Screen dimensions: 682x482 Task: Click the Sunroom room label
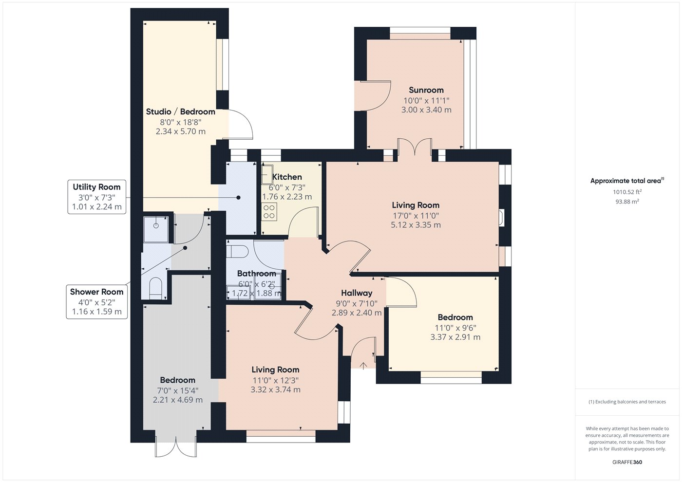(426, 90)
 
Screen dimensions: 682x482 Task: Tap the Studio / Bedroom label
(181, 111)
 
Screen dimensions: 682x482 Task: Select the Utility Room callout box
(97, 197)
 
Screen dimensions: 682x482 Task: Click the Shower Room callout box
(97, 302)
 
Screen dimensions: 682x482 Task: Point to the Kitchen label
(287, 177)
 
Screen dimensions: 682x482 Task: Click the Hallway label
(357, 293)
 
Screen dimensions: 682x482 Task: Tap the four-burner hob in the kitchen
(269, 212)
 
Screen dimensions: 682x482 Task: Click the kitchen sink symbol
(267, 174)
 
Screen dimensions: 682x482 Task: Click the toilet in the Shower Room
(155, 288)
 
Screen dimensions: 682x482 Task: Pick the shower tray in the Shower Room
(156, 229)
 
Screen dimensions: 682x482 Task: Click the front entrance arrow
(363, 366)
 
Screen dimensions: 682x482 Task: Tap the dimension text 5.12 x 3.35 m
(416, 225)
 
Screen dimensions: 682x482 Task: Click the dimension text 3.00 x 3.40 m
(426, 110)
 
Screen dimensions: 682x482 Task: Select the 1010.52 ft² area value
(627, 192)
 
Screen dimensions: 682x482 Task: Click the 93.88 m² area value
(627, 202)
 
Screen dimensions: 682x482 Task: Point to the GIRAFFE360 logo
(627, 462)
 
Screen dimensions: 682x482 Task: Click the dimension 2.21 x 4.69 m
(177, 400)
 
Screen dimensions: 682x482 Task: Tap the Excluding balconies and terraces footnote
(627, 402)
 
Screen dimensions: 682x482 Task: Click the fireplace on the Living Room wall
(501, 217)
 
